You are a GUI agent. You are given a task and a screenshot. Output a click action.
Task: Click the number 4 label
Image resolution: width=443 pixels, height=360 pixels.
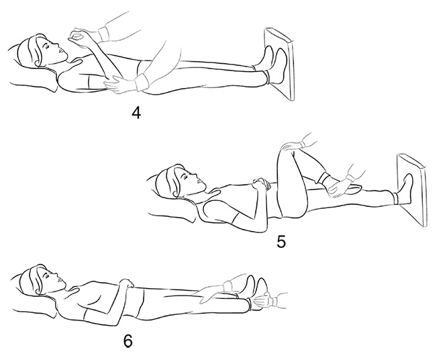point(136,114)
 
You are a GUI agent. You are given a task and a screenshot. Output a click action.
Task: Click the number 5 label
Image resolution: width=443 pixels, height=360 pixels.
point(281,242)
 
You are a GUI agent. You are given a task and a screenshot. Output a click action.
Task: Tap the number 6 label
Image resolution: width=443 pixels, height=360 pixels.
point(128,341)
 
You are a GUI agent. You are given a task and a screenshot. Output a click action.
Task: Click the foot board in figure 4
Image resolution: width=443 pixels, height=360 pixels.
point(279,64)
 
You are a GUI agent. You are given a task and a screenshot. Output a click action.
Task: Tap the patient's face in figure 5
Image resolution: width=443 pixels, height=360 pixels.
point(192,179)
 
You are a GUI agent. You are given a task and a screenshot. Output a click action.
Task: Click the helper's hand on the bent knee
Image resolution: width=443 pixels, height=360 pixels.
point(291,146)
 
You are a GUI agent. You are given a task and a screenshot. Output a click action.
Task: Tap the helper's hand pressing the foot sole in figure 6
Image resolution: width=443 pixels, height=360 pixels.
point(261,302)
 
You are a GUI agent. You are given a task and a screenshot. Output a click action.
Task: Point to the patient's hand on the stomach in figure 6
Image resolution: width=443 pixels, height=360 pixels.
point(127,283)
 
